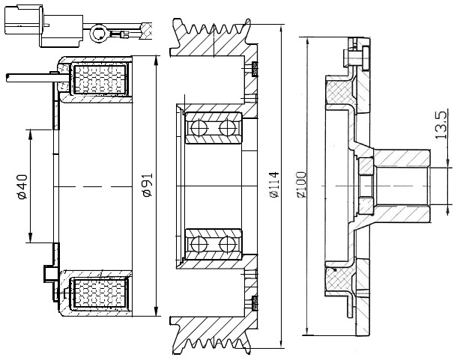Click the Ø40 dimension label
(22, 186)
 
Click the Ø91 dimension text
(148, 185)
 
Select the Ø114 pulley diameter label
(274, 186)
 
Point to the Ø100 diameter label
(301, 185)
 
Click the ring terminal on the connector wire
(98, 34)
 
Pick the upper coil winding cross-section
(100, 79)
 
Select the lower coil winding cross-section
(100, 292)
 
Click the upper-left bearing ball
(199, 128)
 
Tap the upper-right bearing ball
(227, 128)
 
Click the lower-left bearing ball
(199, 244)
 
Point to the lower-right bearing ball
(227, 244)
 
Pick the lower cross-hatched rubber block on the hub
(339, 279)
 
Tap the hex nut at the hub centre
(366, 186)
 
